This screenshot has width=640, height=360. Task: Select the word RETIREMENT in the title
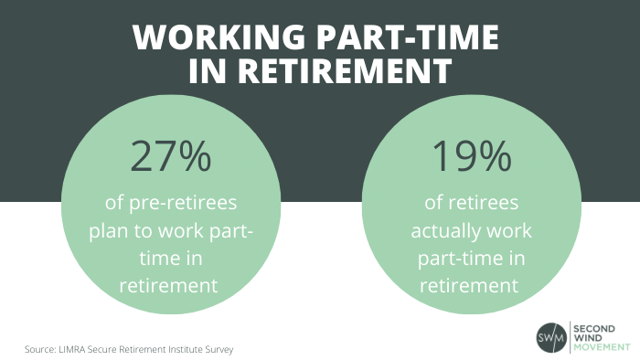[345, 70]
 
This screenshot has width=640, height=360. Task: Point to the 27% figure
[171, 156]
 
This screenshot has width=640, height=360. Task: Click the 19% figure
[472, 156]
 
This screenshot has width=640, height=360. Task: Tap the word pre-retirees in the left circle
[183, 203]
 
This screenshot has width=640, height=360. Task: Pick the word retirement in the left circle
[168, 285]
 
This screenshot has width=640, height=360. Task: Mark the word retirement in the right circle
[469, 285]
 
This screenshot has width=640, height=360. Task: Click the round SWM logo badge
[551, 337]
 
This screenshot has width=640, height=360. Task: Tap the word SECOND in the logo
[594, 329]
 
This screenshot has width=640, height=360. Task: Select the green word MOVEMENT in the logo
[602, 347]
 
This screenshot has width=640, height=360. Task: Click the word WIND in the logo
[587, 338]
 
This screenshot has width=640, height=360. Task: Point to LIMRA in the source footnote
[71, 349]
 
